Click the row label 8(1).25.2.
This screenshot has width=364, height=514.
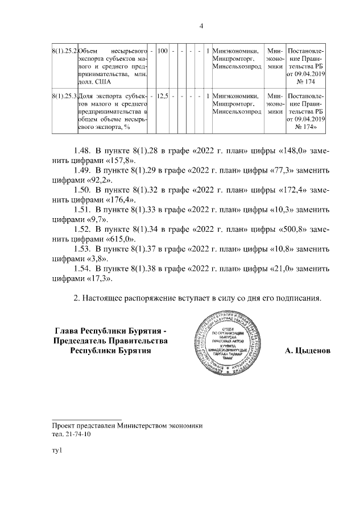pos(64,52)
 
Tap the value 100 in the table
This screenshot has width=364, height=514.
pos(162,52)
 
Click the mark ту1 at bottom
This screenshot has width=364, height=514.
pos(56,451)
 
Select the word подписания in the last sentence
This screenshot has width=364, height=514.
pos(294,298)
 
